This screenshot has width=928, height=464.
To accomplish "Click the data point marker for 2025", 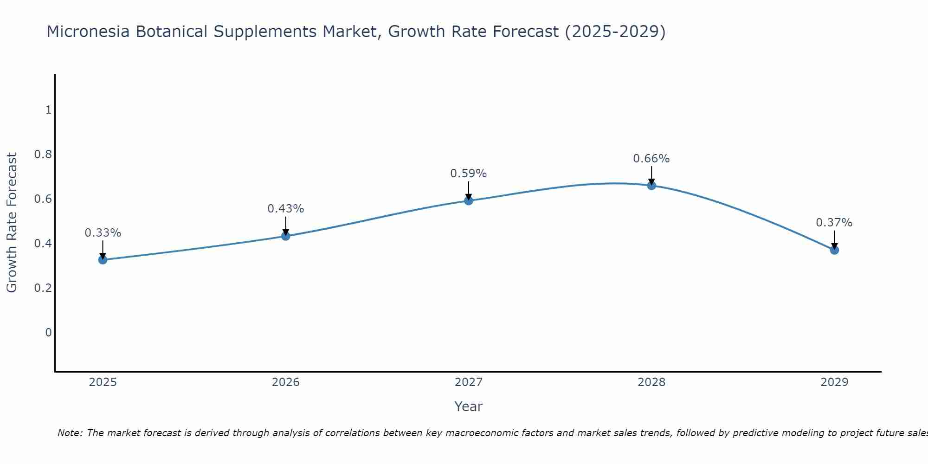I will click(103, 259).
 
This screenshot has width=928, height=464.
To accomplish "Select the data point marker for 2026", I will click(286, 236).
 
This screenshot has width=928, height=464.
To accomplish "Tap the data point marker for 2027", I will click(469, 200).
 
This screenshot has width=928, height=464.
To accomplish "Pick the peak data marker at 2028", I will click(651, 186).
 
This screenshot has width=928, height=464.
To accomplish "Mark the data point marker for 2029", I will click(834, 250).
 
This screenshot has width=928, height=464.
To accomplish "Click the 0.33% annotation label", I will click(103, 233).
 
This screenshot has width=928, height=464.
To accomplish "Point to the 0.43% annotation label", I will click(286, 209).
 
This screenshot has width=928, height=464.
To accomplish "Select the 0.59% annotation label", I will click(469, 174).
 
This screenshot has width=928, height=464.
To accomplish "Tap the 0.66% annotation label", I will click(651, 159).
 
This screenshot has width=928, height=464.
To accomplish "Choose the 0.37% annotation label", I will click(834, 223).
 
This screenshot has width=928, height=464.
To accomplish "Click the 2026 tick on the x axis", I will click(286, 382).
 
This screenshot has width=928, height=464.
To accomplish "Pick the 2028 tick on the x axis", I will click(651, 382).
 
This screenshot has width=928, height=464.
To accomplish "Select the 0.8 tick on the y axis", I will click(43, 155).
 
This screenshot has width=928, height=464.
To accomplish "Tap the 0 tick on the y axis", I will click(48, 333).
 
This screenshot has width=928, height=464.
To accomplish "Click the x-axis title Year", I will click(469, 406).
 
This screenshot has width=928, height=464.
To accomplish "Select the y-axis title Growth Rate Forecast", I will click(12, 223).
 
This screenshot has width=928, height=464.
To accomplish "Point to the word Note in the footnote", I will click(69, 433).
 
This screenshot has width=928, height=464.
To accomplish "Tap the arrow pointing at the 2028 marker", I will click(651, 175).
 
